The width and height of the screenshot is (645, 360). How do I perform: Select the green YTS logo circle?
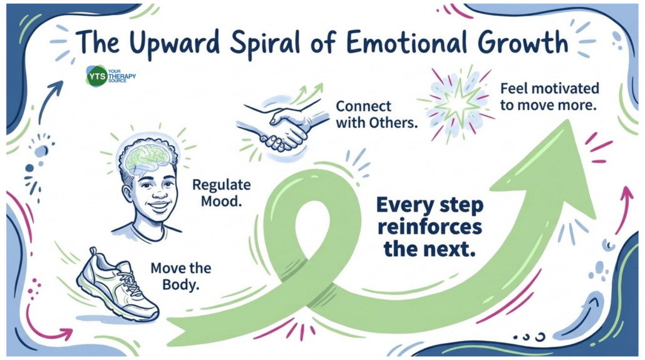97,76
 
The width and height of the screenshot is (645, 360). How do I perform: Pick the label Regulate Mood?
221,193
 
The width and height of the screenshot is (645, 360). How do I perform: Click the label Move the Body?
181,276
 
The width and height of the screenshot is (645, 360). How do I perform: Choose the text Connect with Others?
376,114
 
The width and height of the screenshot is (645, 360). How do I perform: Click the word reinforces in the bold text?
430,227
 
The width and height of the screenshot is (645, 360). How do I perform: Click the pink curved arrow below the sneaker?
46,326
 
